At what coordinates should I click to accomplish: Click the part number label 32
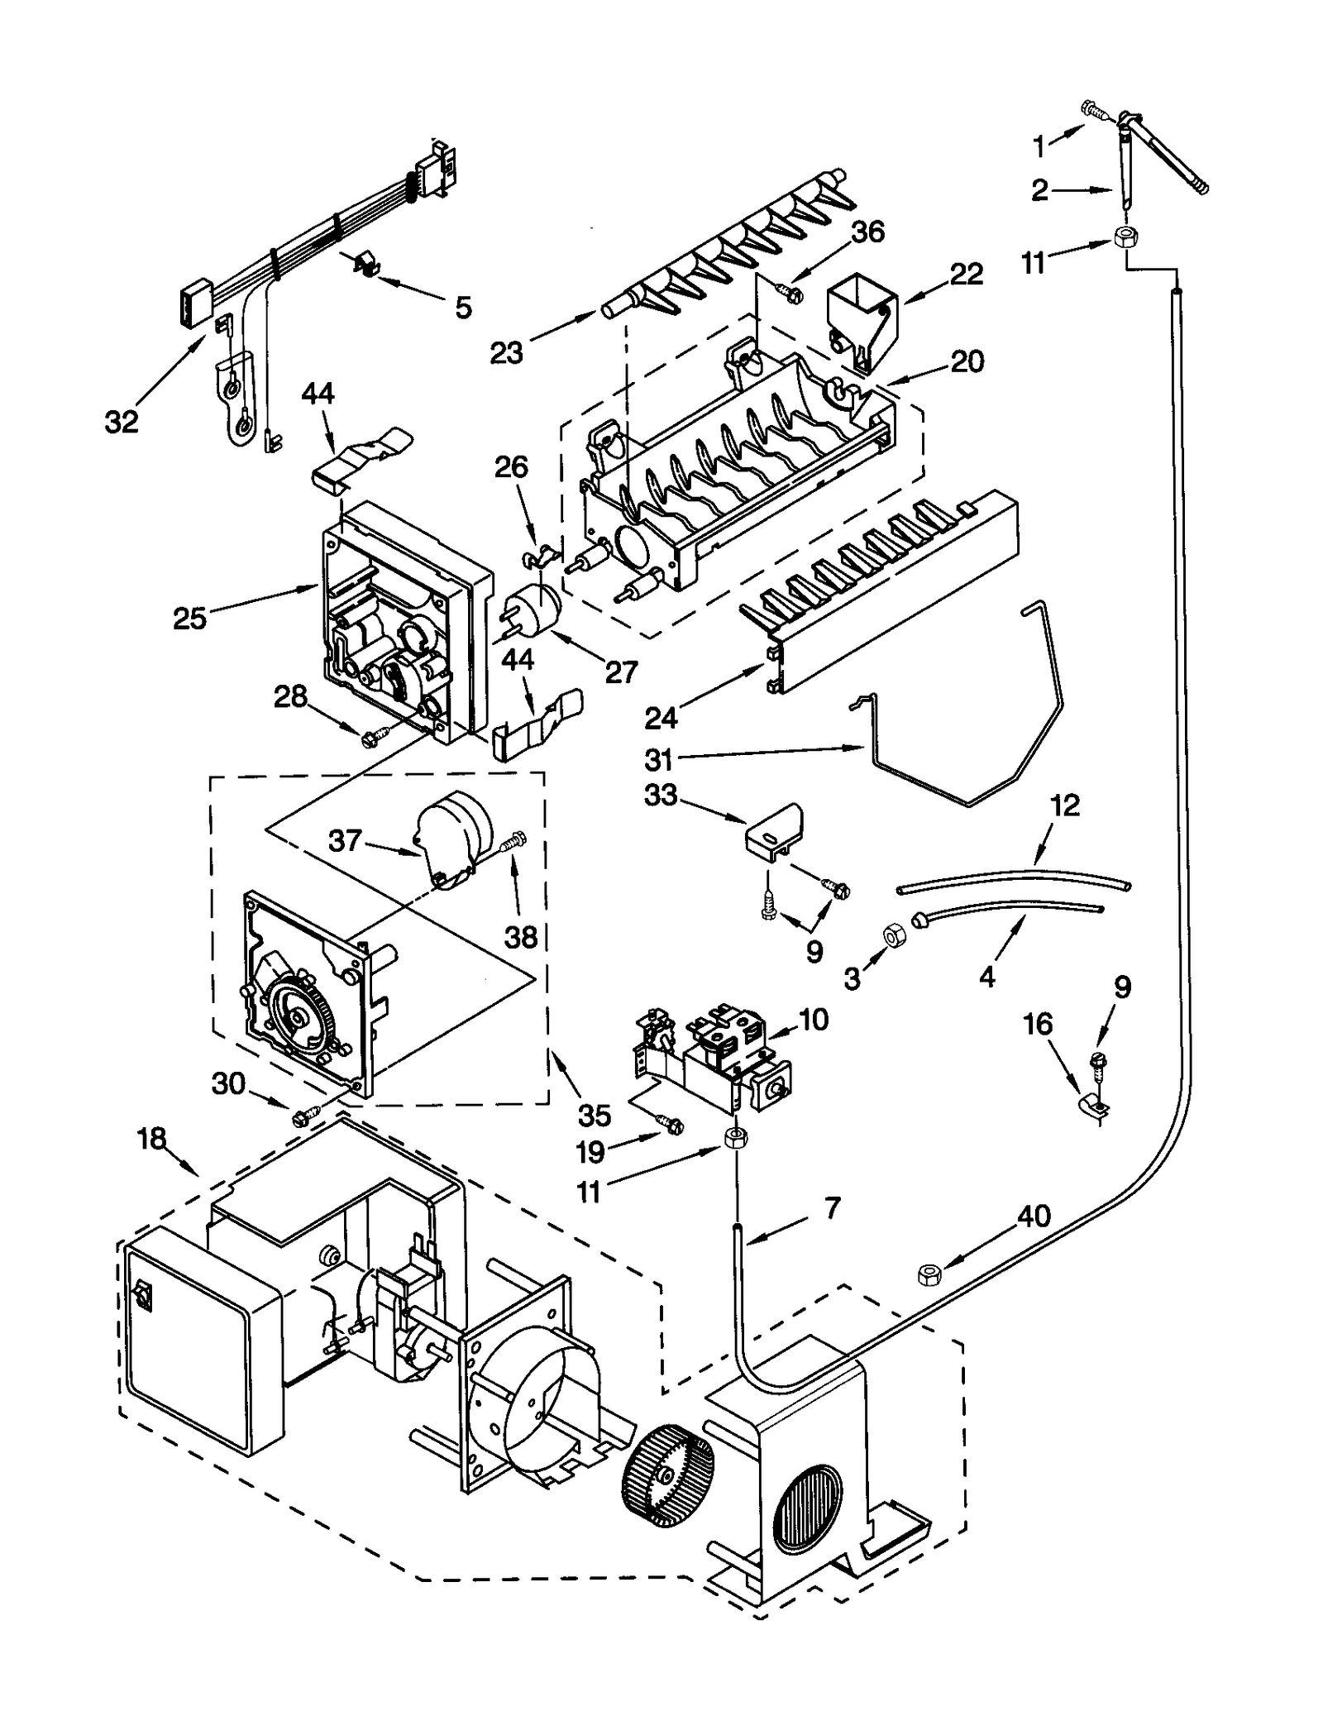[121, 422]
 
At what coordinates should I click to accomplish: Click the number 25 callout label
[189, 618]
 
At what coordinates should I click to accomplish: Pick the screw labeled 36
[788, 291]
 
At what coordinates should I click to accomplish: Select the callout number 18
[151, 1139]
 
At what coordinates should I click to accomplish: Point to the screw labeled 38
[514, 846]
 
